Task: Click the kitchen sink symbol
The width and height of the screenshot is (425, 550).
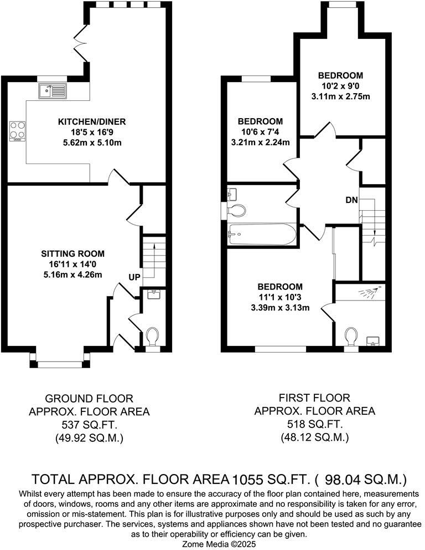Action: (x=53, y=90)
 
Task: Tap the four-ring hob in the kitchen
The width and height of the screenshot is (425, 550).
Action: (x=17, y=130)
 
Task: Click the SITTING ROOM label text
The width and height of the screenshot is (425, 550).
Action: (x=70, y=253)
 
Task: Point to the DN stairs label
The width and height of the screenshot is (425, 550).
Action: (x=351, y=200)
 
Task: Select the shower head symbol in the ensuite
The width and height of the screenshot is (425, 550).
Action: (x=372, y=292)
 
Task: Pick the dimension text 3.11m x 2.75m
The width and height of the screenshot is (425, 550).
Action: (x=340, y=96)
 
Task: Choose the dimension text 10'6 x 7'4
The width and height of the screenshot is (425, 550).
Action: (x=260, y=131)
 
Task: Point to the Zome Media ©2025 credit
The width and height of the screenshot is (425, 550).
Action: (x=212, y=544)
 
